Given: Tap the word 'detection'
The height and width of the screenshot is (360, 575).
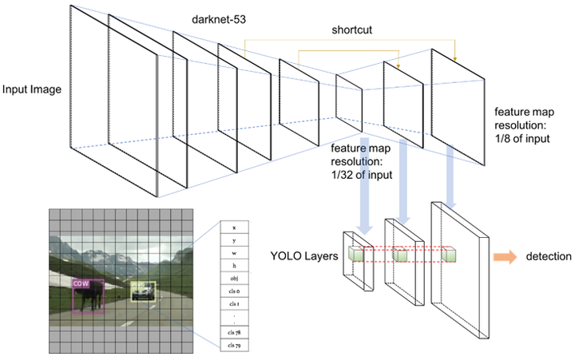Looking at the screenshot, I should pos(548,257).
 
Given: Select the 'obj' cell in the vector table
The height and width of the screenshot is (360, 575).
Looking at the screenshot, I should pos(234,278).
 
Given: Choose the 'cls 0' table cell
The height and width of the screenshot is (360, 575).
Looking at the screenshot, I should pos(234,294).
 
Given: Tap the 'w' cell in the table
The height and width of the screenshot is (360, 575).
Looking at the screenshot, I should pos(234,252).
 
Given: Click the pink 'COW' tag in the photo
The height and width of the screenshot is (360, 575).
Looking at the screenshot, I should pos(80,283).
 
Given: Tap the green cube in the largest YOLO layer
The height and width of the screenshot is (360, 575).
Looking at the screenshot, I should pos(452,255).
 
